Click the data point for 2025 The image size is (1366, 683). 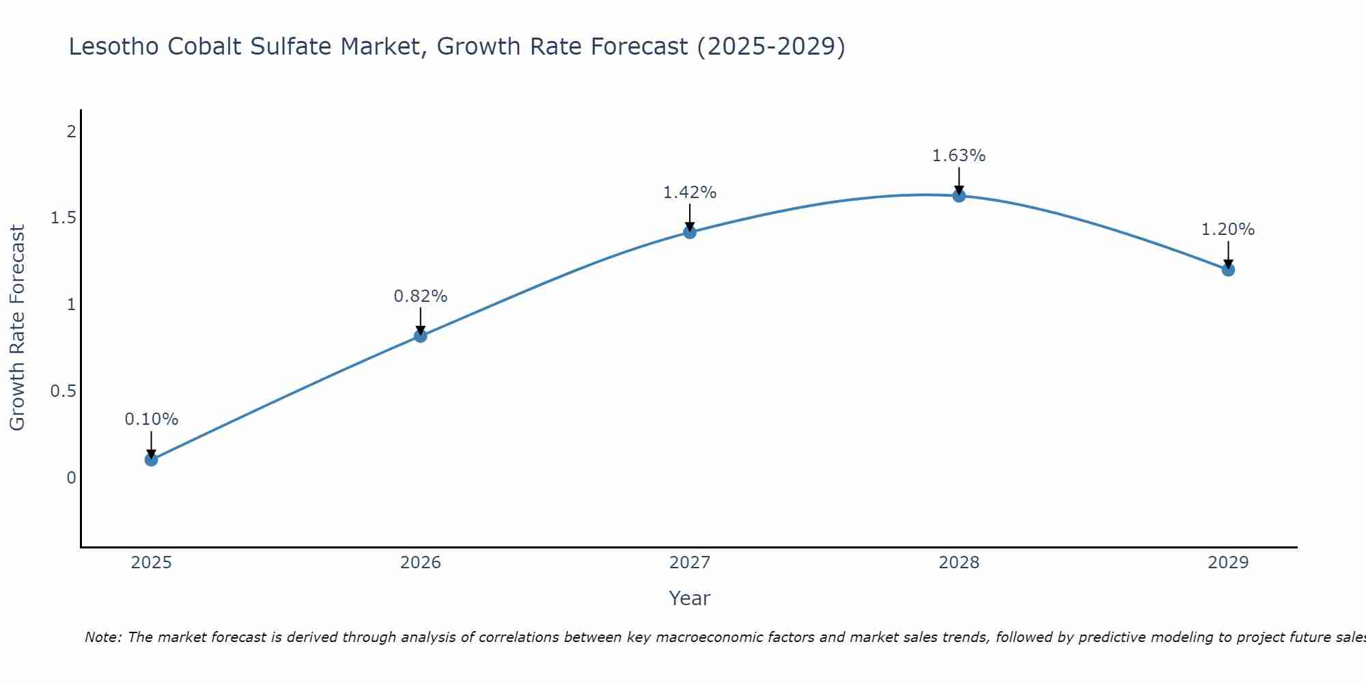(151, 460)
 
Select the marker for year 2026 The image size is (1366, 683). (421, 335)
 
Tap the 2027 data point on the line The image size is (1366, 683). (690, 232)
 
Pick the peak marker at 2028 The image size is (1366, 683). (959, 196)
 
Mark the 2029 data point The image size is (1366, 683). (1228, 270)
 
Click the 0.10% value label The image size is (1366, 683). (151, 419)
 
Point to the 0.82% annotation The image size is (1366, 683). (421, 296)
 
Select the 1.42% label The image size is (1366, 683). (690, 193)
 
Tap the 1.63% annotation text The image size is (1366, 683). (959, 156)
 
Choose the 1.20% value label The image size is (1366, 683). (1228, 229)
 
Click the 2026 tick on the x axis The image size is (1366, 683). (421, 563)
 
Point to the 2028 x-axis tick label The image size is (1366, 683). (959, 563)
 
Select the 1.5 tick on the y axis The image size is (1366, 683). (63, 218)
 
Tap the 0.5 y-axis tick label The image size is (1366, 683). (63, 391)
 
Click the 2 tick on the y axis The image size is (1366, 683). (71, 131)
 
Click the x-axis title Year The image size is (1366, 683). (690, 598)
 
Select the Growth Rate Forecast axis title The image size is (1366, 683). (17, 328)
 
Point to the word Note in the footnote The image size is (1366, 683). (102, 637)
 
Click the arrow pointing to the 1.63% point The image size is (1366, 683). (959, 182)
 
